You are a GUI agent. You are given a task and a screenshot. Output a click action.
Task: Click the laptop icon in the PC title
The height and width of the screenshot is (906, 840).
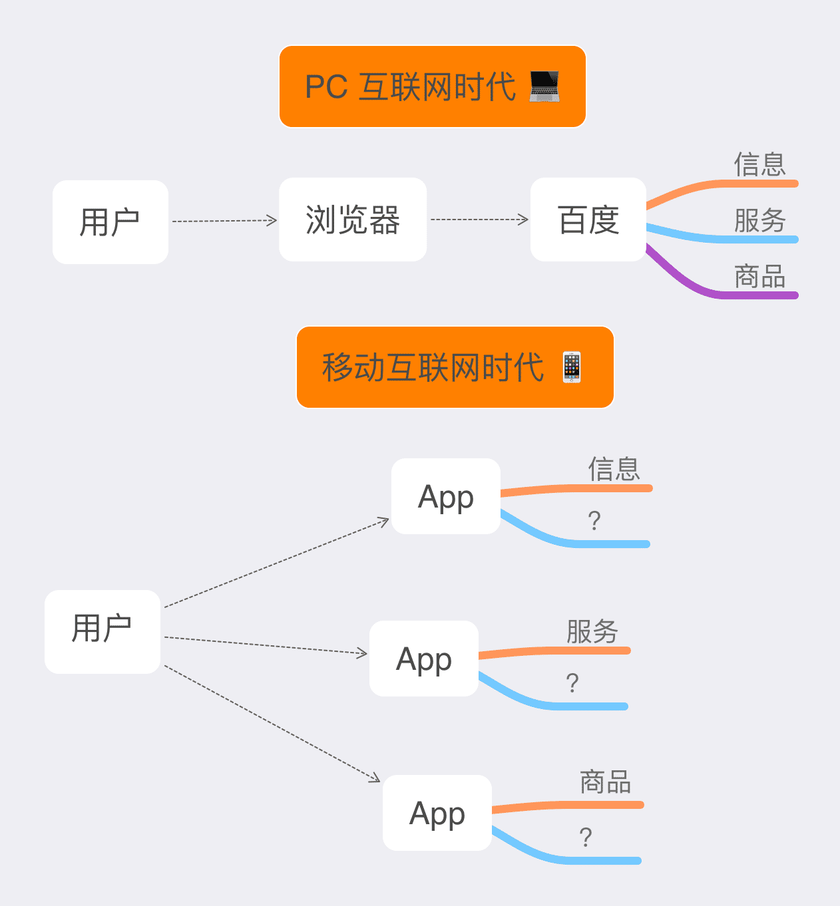pyautogui.click(x=544, y=87)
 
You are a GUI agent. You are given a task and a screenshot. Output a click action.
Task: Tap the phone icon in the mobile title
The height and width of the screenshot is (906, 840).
pyautogui.click(x=572, y=367)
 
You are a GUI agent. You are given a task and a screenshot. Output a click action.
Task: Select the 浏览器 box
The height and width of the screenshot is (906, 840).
pyautogui.click(x=353, y=220)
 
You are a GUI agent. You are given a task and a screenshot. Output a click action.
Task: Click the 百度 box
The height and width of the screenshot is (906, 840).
pyautogui.click(x=588, y=220)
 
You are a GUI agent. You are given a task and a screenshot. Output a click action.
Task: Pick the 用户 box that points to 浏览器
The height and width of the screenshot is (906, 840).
pyautogui.click(x=110, y=222)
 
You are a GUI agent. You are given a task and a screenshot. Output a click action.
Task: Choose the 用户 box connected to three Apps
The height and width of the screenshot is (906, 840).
pyautogui.click(x=103, y=631)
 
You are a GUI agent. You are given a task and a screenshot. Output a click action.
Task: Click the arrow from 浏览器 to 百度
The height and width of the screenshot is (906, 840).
pyautogui.click(x=479, y=220)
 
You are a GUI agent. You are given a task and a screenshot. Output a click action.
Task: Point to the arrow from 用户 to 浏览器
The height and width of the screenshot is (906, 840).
pyautogui.click(x=224, y=221)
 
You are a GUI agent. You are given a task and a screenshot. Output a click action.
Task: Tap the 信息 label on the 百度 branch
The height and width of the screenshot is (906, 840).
pyautogui.click(x=759, y=164)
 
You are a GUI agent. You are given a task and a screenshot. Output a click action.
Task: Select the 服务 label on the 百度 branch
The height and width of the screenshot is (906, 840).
pyautogui.click(x=759, y=220)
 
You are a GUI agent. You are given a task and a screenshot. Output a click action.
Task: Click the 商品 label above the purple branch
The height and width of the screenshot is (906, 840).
pyautogui.click(x=759, y=276)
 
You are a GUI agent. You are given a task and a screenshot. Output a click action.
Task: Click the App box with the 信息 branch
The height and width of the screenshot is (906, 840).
pyautogui.click(x=446, y=496)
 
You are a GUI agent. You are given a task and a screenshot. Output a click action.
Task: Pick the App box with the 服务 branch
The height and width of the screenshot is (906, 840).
pyautogui.click(x=424, y=659)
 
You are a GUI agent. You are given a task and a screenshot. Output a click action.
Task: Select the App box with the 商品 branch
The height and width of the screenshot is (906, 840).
pyautogui.click(x=437, y=813)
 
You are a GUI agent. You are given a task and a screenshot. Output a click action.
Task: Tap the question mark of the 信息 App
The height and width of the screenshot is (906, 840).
pyautogui.click(x=594, y=520)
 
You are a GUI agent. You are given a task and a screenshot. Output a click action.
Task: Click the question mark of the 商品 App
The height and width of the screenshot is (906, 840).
pyautogui.click(x=586, y=837)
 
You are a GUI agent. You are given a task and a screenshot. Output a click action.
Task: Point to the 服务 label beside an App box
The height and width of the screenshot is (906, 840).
pyautogui.click(x=592, y=631)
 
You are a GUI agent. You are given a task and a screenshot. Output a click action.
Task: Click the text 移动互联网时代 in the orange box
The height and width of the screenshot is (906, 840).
pyautogui.click(x=433, y=367)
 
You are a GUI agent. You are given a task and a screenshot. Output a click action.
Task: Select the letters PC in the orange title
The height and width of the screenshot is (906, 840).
pyautogui.click(x=326, y=87)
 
